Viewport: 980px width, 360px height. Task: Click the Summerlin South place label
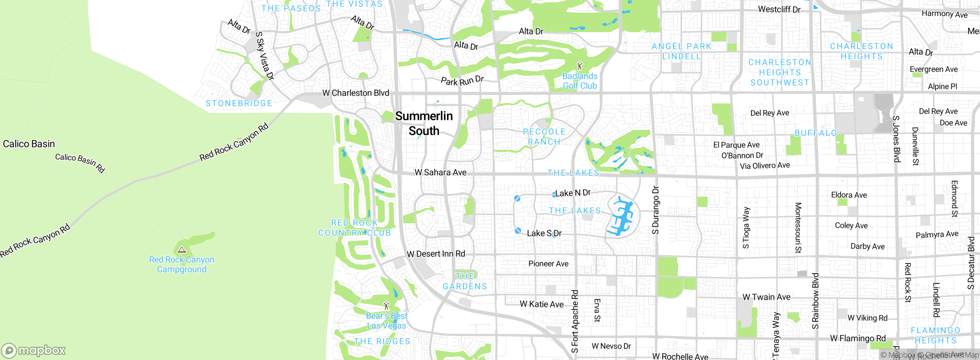(424, 123)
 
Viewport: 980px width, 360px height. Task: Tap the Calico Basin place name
(29, 144)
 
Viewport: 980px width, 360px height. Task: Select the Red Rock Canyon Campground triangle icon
(182, 250)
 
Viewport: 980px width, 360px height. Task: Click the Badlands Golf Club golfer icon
(580, 66)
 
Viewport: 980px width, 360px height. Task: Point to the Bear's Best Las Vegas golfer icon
(386, 306)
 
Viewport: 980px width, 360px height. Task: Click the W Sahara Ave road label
(441, 173)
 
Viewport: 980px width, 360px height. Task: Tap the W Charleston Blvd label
(356, 93)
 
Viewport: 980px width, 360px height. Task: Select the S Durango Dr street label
(656, 210)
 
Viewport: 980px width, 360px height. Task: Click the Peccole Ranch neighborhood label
(544, 137)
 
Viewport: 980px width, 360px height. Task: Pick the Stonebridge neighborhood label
(239, 103)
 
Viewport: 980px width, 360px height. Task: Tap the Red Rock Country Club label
(354, 228)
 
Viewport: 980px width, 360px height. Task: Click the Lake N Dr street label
(573, 193)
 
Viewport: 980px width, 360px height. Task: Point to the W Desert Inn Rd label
(436, 254)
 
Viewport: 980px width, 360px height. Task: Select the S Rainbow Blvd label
(815, 301)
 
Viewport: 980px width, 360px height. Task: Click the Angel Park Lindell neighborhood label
(681, 51)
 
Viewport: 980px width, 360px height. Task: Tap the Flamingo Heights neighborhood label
(935, 335)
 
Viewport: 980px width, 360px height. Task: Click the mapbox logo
(34, 350)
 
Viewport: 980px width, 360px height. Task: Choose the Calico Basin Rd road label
(80, 163)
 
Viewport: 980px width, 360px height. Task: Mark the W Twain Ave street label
(766, 297)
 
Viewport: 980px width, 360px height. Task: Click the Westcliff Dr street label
(779, 10)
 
